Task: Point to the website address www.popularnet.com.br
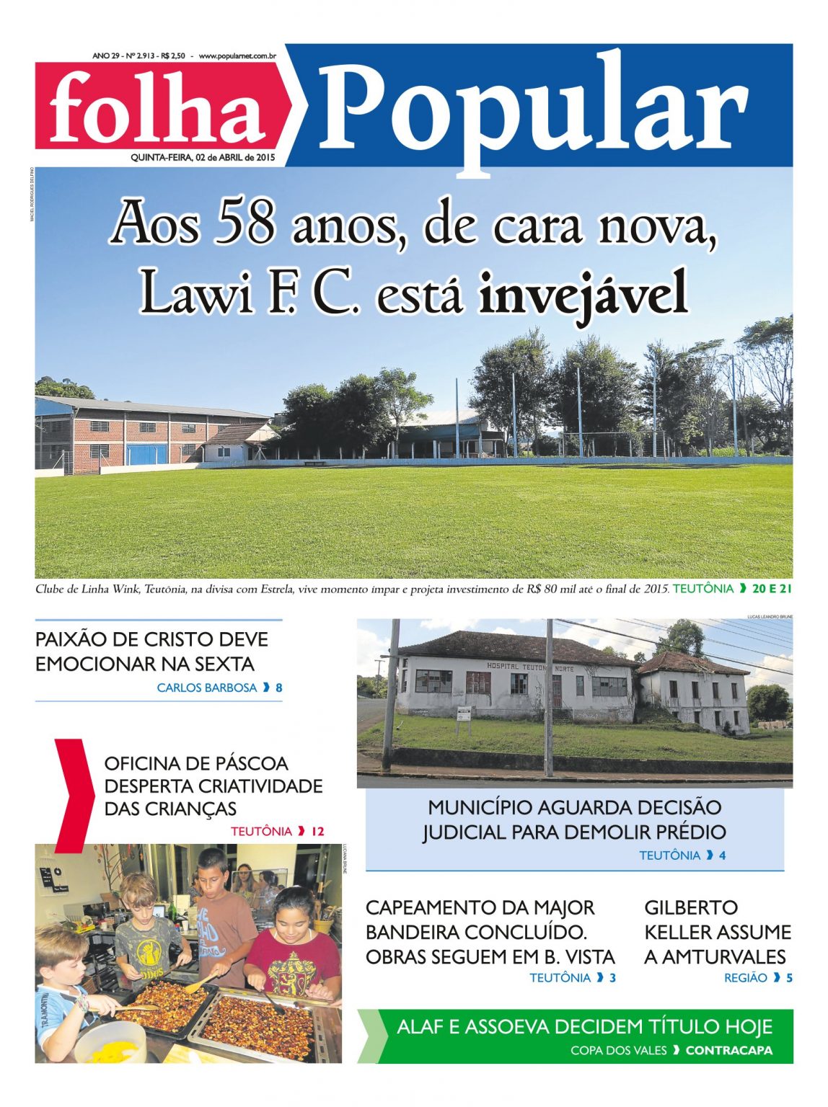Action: click(x=238, y=55)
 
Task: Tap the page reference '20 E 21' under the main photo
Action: click(x=772, y=588)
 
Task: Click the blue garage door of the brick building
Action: click(x=146, y=454)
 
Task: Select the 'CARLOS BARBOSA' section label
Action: click(x=207, y=688)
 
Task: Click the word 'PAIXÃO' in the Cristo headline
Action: click(x=70, y=639)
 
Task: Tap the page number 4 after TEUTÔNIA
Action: click(x=722, y=855)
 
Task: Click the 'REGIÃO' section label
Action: click(x=746, y=978)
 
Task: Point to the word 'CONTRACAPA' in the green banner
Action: click(x=728, y=1050)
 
